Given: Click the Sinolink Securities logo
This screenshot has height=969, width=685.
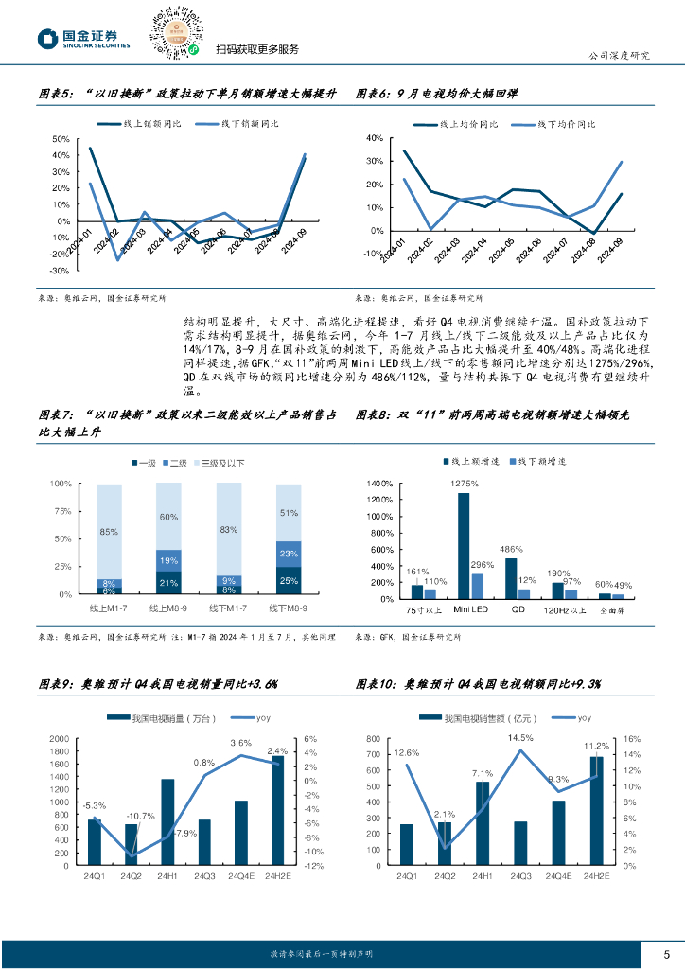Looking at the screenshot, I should tap(83, 39).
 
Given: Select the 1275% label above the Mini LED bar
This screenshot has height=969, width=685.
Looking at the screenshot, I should tap(464, 484).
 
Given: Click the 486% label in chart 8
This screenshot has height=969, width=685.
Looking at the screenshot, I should tap(511, 549).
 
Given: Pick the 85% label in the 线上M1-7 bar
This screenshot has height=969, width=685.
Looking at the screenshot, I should tap(109, 532).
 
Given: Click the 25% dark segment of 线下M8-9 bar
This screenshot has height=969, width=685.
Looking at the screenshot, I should tap(289, 581).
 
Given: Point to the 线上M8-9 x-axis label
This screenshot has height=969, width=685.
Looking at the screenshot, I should tap(167, 607).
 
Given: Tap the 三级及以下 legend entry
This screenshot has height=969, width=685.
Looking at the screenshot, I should tap(220, 463).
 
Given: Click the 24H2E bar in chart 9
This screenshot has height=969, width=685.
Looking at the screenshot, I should tap(277, 810).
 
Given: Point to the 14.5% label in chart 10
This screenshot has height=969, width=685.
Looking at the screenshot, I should tap(519, 738).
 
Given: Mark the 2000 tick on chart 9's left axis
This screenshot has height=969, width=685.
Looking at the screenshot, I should tap(59, 739).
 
